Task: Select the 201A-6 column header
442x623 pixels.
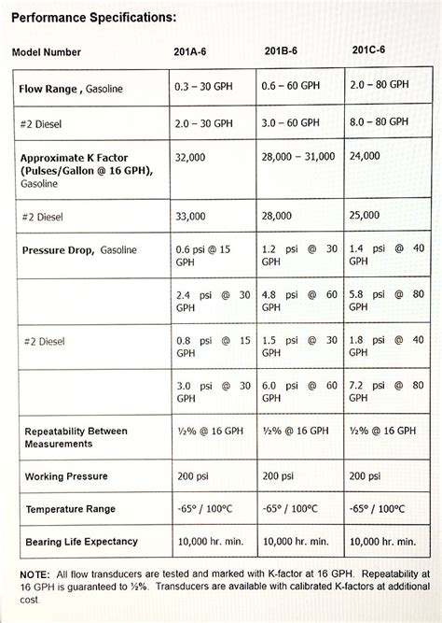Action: click(x=195, y=52)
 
